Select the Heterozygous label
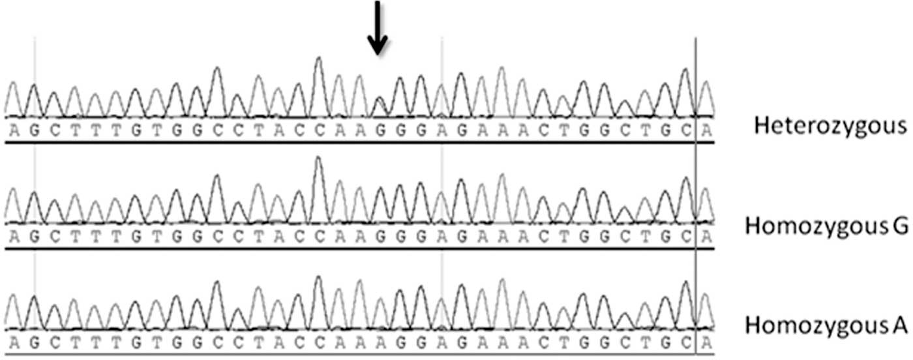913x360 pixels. coord(830,126)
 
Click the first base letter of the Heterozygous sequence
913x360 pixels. coord(14,129)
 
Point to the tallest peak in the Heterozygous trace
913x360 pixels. coord(319,60)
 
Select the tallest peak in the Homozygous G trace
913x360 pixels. coord(319,159)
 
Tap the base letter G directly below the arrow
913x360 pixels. coord(380,129)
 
